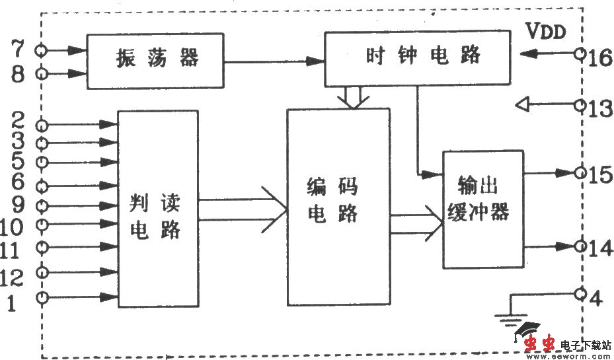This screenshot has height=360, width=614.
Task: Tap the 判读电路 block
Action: (158, 208)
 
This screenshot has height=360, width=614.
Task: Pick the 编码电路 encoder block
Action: (337, 207)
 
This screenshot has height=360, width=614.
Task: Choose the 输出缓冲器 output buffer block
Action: (483, 208)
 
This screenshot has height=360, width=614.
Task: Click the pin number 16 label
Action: (601, 57)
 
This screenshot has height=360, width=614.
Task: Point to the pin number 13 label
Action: (601, 108)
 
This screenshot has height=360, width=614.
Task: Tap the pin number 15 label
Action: (601, 175)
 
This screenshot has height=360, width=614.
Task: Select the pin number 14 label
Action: (601, 248)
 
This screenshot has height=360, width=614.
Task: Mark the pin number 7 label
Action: (18, 49)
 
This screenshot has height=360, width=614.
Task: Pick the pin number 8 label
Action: (18, 73)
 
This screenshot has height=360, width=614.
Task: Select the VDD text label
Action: (546, 31)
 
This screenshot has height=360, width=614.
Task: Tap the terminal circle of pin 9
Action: (44, 205)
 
